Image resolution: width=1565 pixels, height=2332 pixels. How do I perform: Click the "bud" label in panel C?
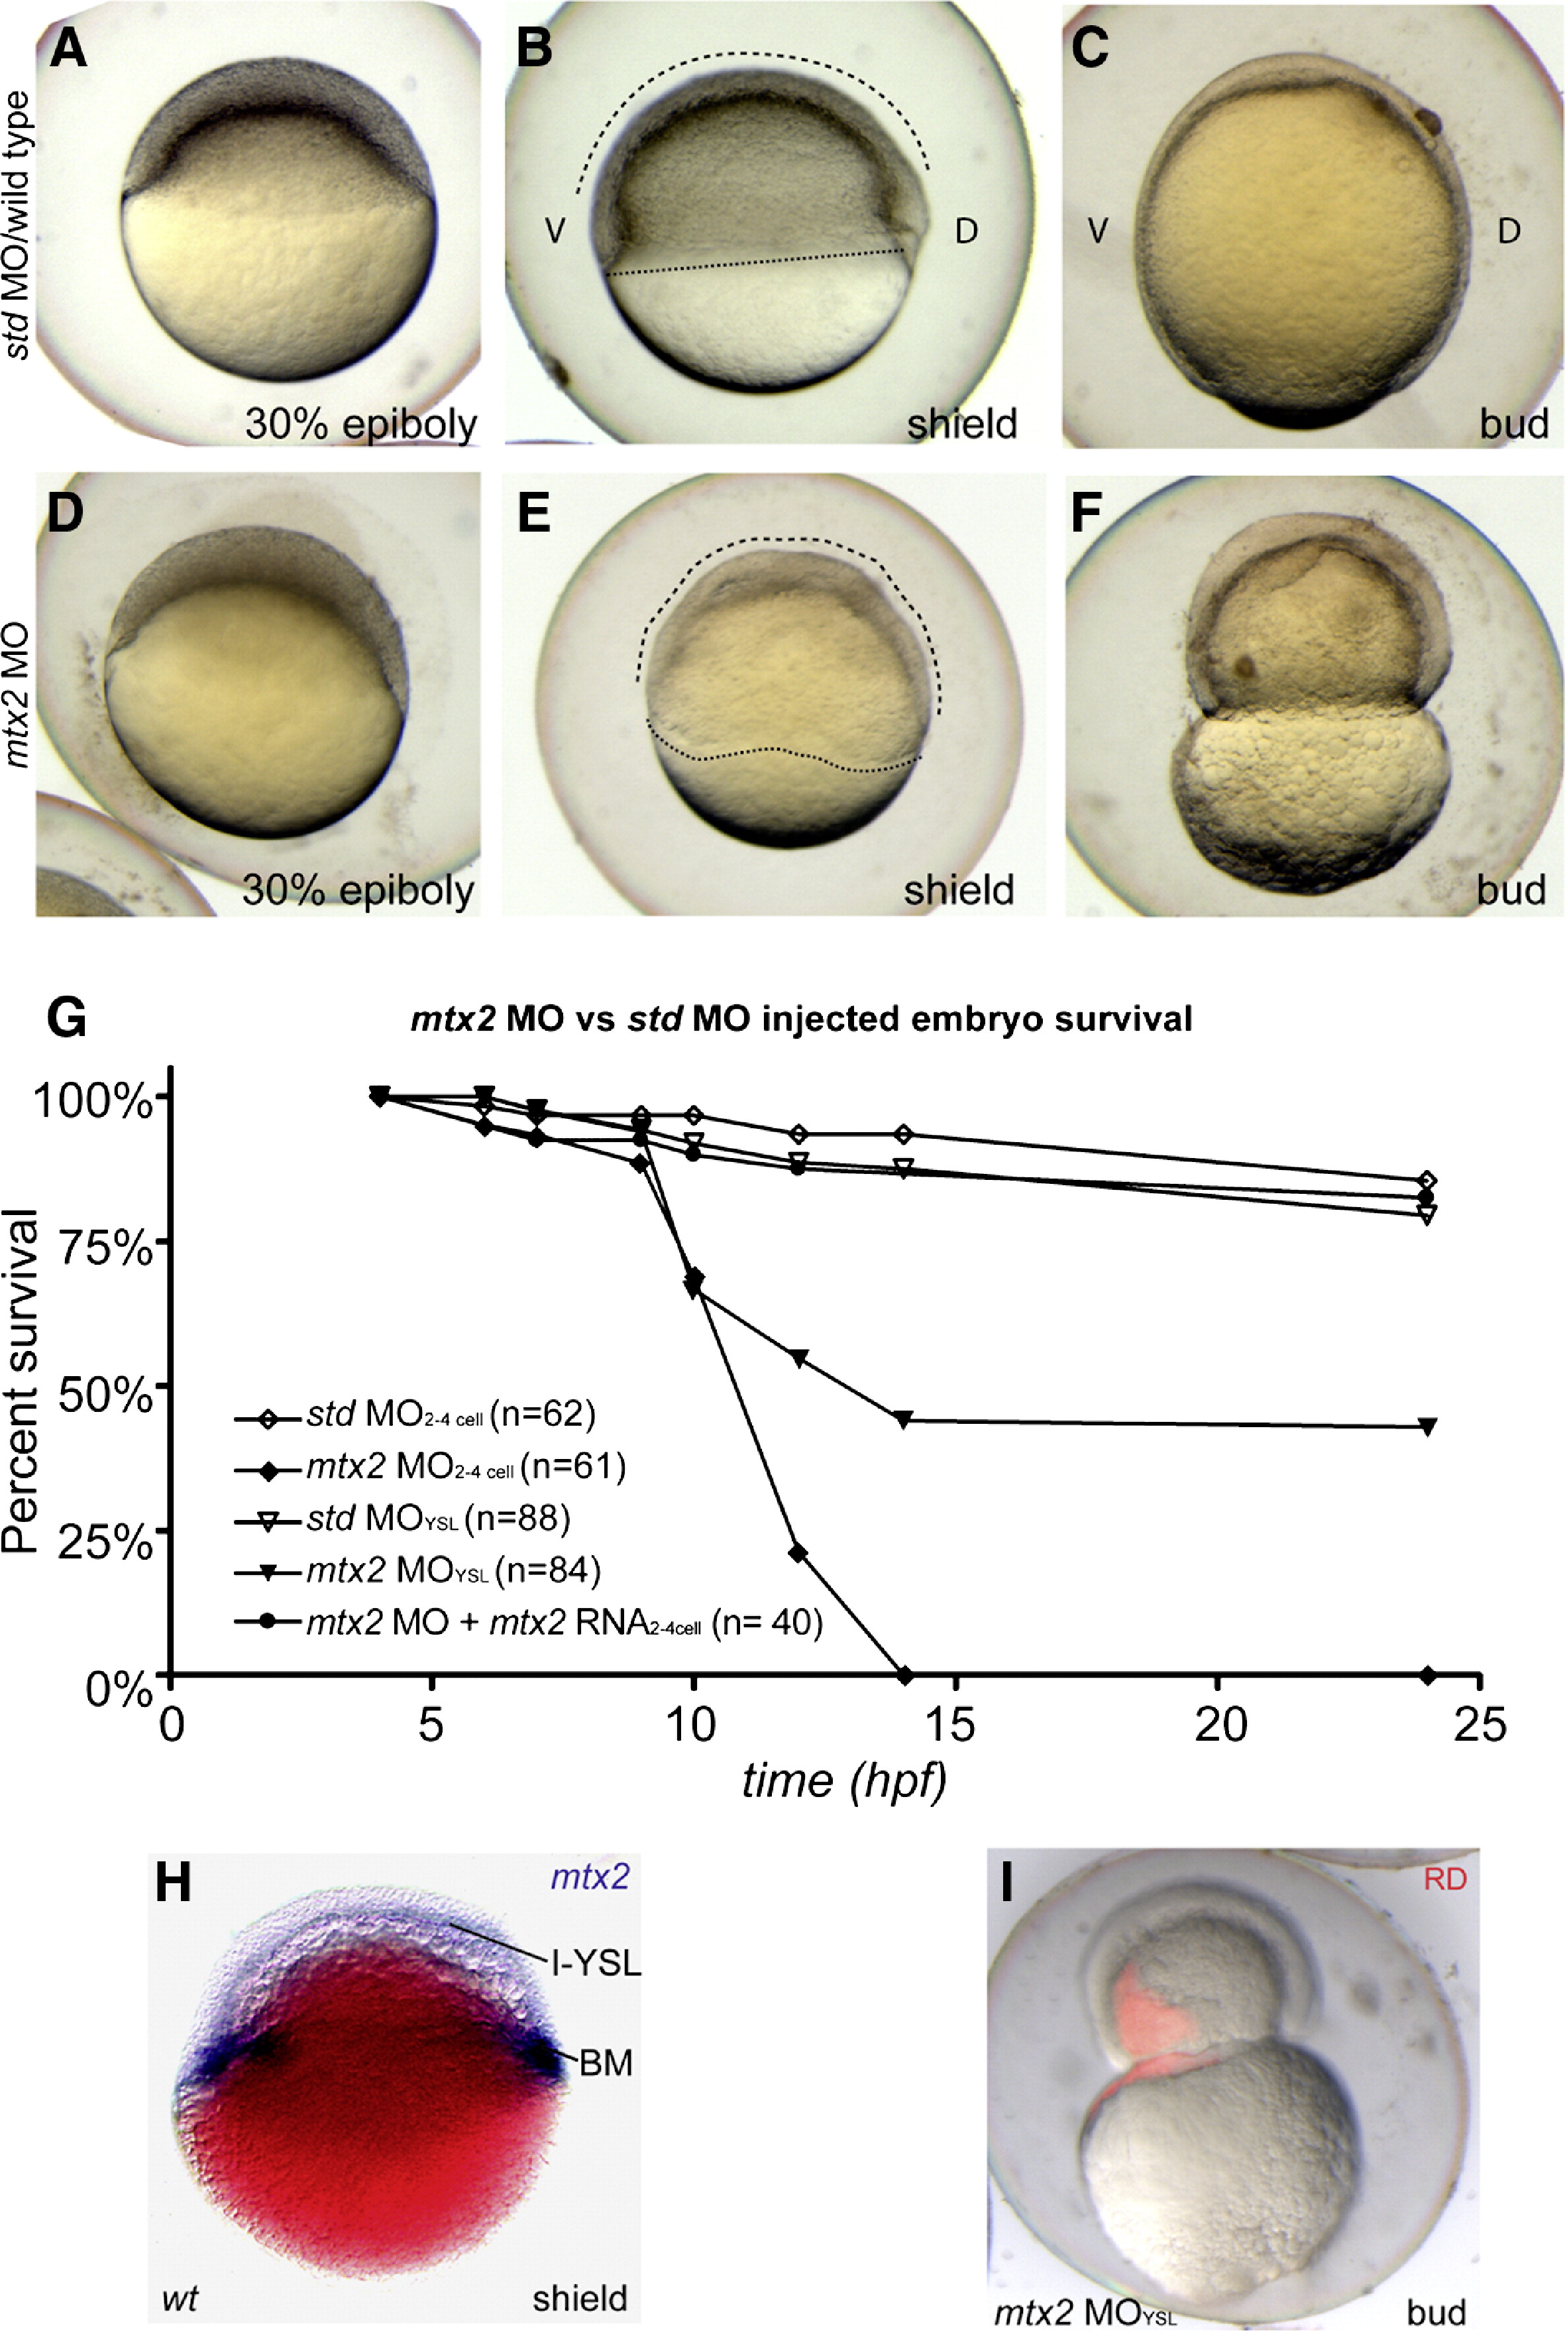point(1513,424)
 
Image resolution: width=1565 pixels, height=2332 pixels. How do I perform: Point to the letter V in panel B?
point(555,231)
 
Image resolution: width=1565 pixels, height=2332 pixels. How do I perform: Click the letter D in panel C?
point(1508,231)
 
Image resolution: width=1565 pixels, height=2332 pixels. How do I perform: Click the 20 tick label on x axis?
point(1220,1725)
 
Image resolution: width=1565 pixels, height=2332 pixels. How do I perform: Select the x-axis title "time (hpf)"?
point(843,1780)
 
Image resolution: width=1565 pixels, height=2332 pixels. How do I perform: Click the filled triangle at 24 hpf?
point(1427,1427)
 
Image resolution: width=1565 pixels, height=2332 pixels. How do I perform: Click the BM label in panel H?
point(606,2062)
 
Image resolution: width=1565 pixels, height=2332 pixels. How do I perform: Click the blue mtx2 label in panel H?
point(590,1878)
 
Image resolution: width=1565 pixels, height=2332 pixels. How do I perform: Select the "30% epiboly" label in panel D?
point(358,890)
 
